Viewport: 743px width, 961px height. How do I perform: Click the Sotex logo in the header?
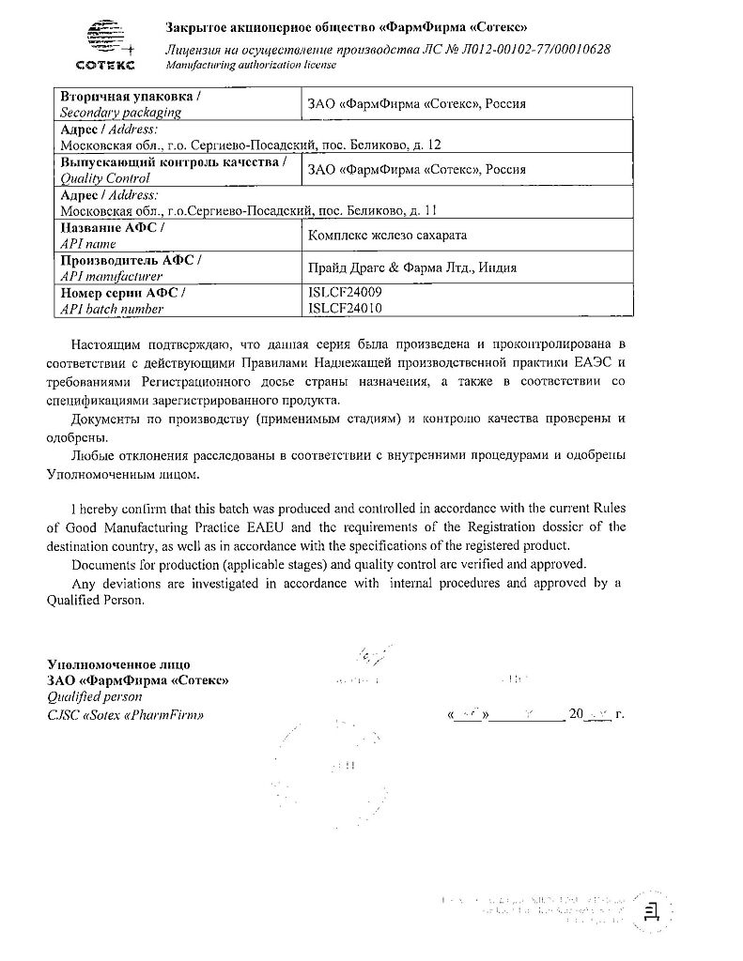point(104,43)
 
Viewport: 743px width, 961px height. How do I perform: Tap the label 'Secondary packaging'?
point(120,112)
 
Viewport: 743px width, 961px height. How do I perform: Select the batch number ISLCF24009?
point(345,293)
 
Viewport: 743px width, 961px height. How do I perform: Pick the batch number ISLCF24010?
point(345,307)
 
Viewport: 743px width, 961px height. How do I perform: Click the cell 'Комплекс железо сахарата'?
point(387,236)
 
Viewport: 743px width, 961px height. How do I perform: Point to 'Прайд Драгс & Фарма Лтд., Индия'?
point(412,267)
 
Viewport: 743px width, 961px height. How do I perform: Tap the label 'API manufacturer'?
point(111,276)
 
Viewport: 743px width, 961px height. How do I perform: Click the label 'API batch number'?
point(111,308)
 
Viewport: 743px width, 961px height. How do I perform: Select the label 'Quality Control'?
point(104,177)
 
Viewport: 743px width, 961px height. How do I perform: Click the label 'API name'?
point(87,243)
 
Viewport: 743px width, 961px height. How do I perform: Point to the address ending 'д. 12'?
point(250,145)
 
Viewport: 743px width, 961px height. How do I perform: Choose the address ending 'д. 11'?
point(248,210)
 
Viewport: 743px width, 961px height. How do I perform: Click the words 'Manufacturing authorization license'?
point(251,65)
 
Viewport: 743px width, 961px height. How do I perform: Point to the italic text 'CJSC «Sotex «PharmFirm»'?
point(125,715)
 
